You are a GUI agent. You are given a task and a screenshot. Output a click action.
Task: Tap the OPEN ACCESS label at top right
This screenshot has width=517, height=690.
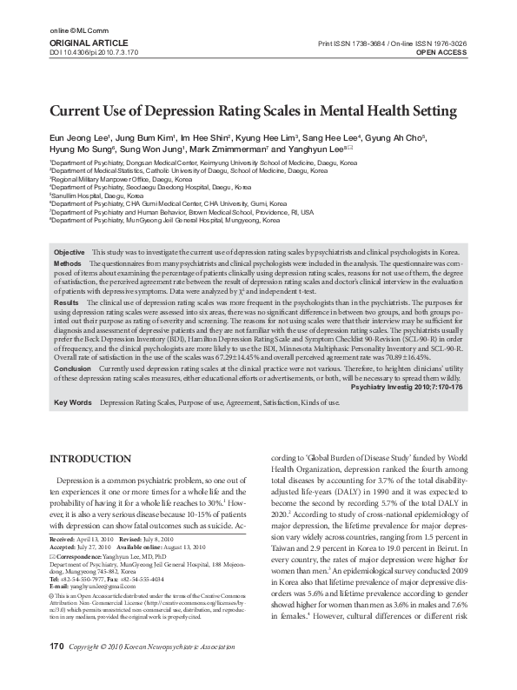pyautogui.click(x=442, y=51)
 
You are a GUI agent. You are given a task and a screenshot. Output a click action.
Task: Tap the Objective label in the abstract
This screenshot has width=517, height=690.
pyautogui.click(x=70, y=227)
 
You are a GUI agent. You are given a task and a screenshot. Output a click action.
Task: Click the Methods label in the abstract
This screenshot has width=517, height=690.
pyautogui.click(x=68, y=237)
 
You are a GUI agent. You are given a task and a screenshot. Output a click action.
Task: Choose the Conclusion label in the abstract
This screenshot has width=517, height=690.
pyautogui.click(x=72, y=368)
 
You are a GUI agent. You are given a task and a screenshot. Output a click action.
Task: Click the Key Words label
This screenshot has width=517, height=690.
pyautogui.click(x=72, y=404)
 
